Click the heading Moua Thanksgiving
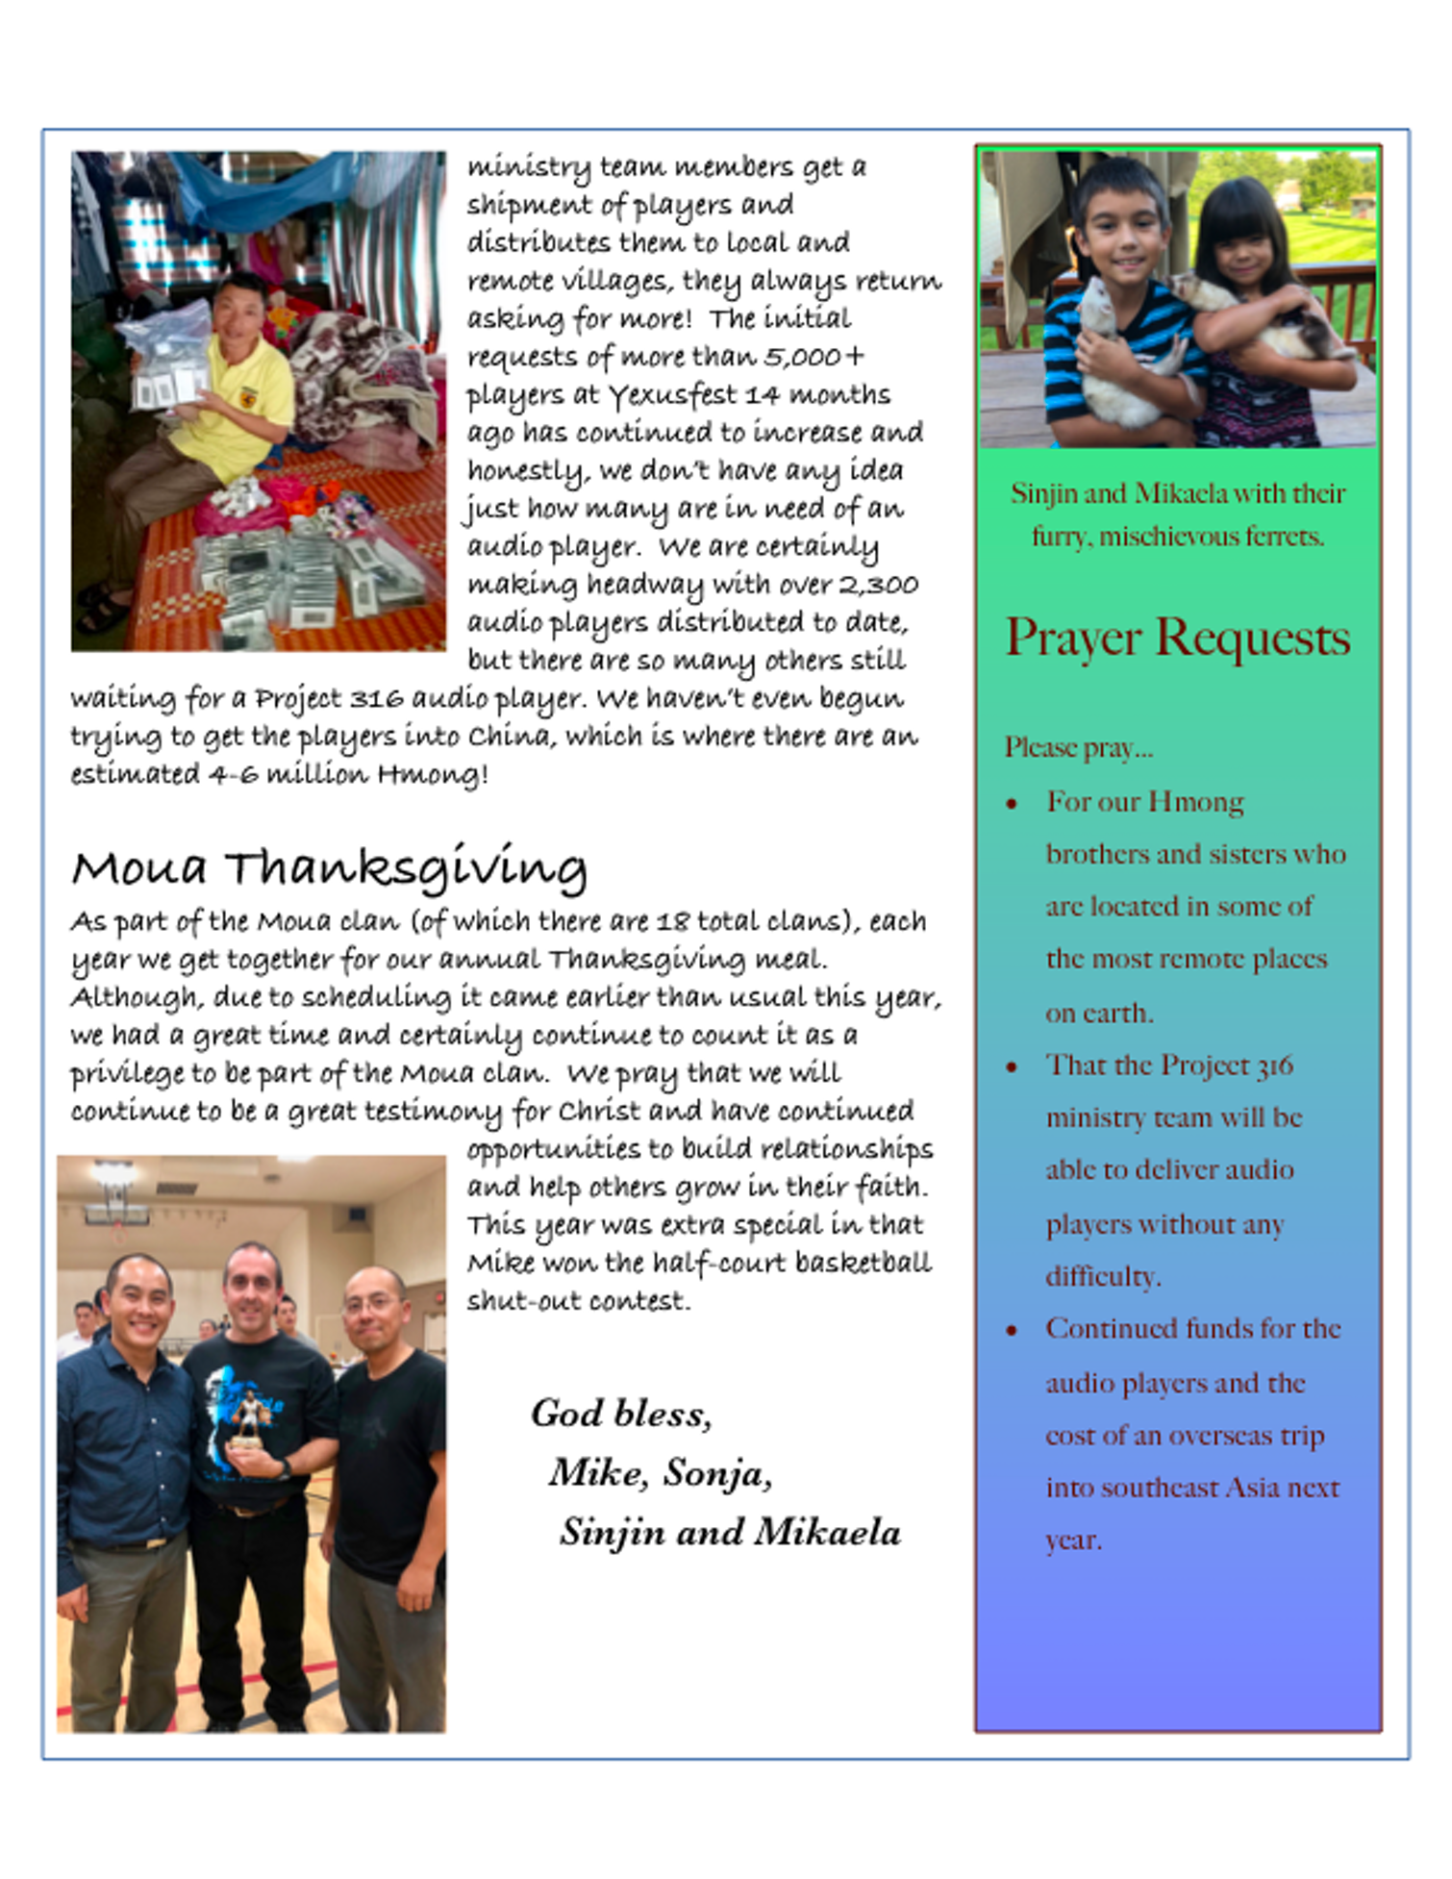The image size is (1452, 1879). click(x=329, y=867)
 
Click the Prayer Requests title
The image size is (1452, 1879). click(x=1178, y=639)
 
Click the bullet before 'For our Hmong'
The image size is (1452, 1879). click(x=1012, y=804)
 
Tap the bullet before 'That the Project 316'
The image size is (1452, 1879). click(x=1012, y=1067)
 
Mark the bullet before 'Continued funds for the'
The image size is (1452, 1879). click(x=1012, y=1331)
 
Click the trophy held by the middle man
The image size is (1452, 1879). click(x=249, y=1422)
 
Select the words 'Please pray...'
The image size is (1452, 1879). click(x=1078, y=748)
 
